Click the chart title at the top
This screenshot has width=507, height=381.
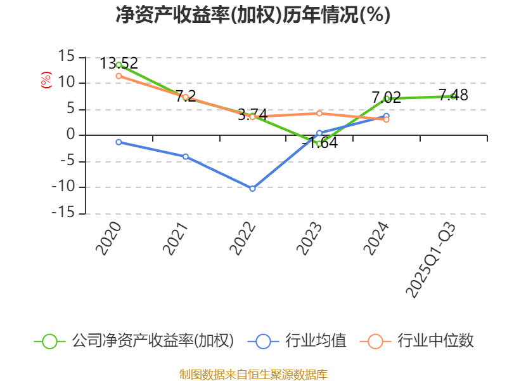click(x=253, y=15)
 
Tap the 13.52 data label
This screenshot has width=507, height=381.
click(x=119, y=63)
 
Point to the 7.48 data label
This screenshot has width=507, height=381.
click(x=453, y=95)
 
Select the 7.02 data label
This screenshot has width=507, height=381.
click(x=387, y=98)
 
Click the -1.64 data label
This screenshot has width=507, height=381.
click(x=320, y=143)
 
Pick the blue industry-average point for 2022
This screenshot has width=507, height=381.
click(x=252, y=189)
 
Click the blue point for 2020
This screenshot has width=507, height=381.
click(x=119, y=142)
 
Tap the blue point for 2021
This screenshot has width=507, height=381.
click(x=186, y=156)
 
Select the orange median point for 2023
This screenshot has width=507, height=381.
click(x=319, y=114)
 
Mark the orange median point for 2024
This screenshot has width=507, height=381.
click(x=386, y=119)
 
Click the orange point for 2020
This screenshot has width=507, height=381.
click(x=119, y=76)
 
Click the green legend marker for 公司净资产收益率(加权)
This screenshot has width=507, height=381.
click(x=50, y=341)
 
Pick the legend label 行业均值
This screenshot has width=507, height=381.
click(x=315, y=341)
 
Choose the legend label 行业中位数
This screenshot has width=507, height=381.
click(x=435, y=341)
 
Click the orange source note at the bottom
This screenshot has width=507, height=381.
click(x=253, y=374)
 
